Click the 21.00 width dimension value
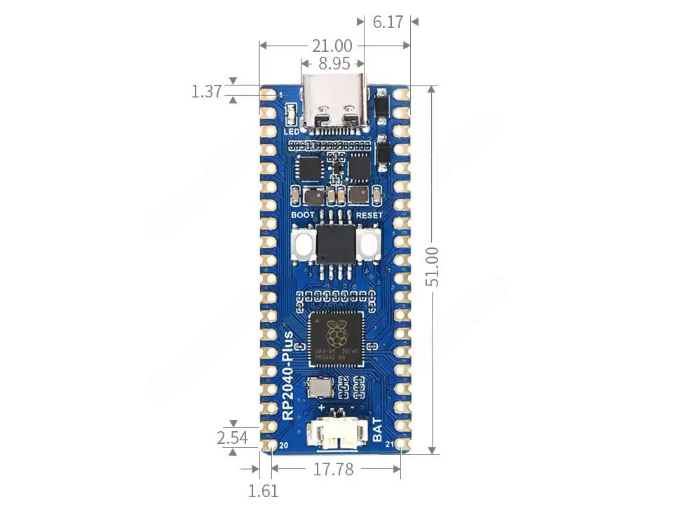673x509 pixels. click(x=332, y=46)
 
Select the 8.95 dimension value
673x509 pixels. click(x=334, y=64)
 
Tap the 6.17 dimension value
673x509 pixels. click(x=388, y=22)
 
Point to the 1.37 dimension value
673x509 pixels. click(x=206, y=91)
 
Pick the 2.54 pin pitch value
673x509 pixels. click(x=232, y=438)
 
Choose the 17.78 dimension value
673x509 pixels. click(x=333, y=469)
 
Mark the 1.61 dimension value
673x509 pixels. click(x=264, y=491)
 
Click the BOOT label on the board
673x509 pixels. click(x=303, y=215)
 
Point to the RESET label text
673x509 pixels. click(x=369, y=215)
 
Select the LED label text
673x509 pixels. click(x=291, y=131)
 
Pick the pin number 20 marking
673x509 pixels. click(x=284, y=445)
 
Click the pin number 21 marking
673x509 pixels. click(x=389, y=445)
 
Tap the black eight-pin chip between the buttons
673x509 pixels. click(x=336, y=244)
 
